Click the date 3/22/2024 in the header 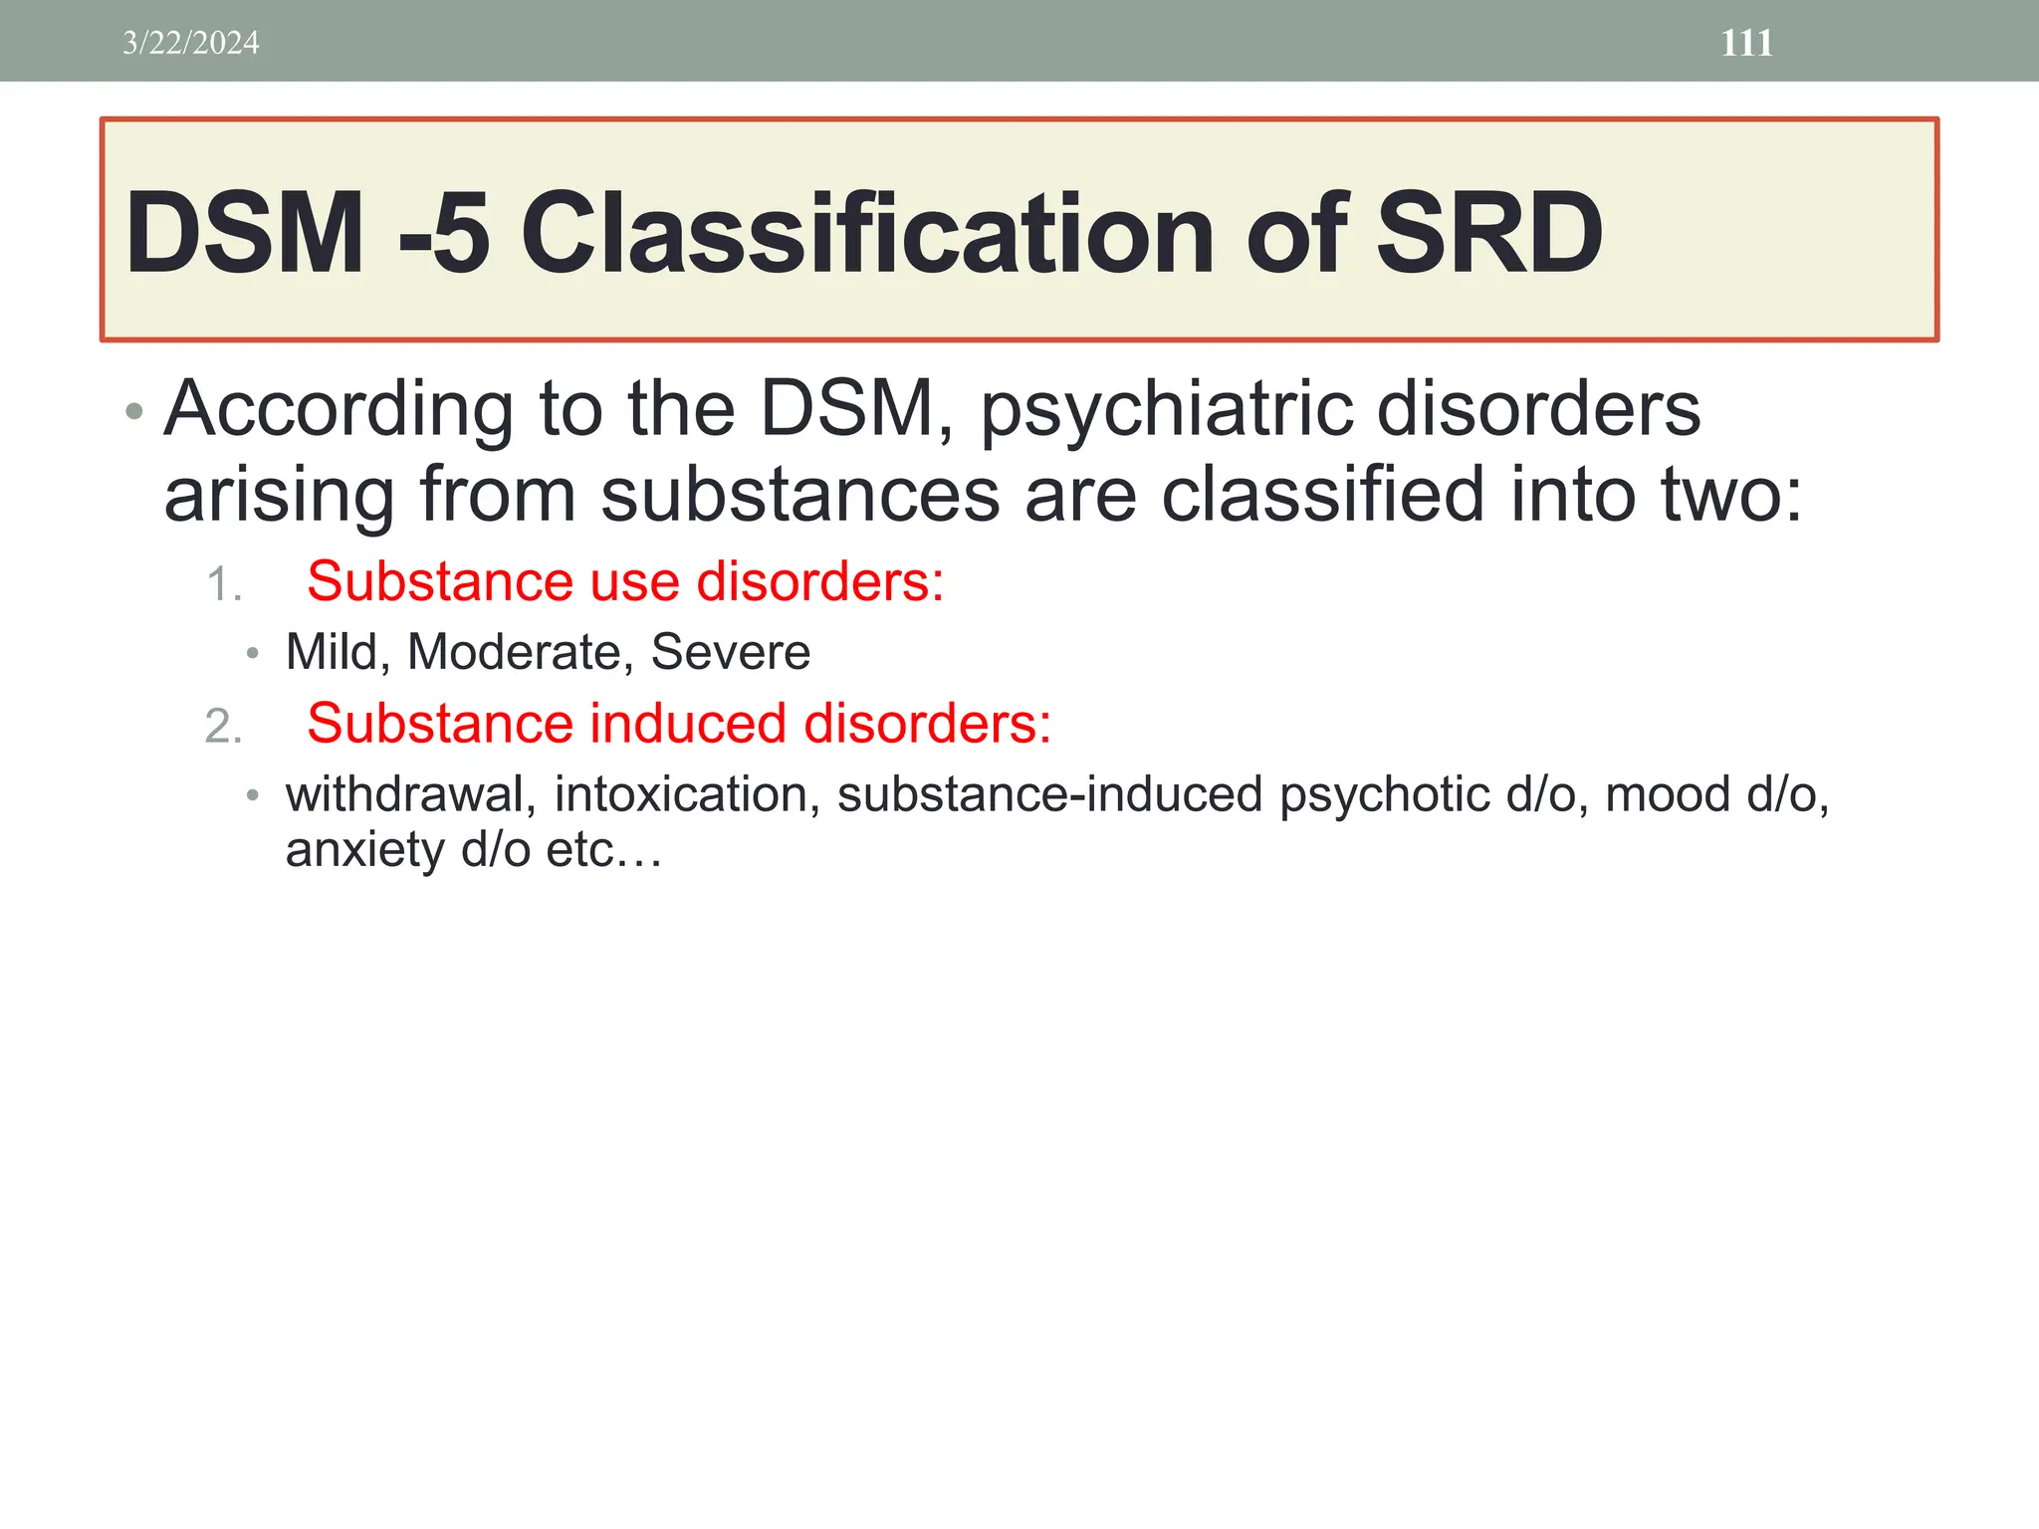[x=190, y=43]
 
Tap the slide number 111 [x=1746, y=43]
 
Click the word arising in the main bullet [x=278, y=495]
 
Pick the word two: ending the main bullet [x=1731, y=495]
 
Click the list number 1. [x=222, y=584]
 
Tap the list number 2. [x=223, y=726]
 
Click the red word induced [x=688, y=723]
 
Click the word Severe [x=731, y=652]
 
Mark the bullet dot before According [x=135, y=412]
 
